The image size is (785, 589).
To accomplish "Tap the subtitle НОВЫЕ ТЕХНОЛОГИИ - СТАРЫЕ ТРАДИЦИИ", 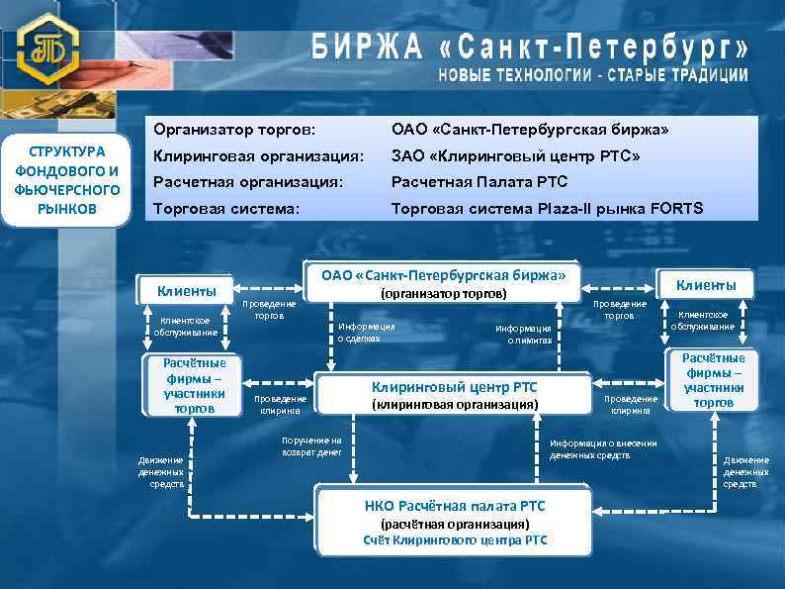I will pyautogui.click(x=593, y=75).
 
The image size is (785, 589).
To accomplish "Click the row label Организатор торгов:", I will pyautogui.click(x=233, y=131).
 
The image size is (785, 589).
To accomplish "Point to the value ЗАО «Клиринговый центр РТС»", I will pyautogui.click(x=515, y=156).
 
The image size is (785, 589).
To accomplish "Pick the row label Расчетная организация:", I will pyautogui.click(x=247, y=182).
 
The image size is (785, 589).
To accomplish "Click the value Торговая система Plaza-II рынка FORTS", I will pyautogui.click(x=547, y=208).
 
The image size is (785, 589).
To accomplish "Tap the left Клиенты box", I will pyautogui.click(x=186, y=290).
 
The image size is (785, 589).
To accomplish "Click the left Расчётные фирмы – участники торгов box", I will pyautogui.click(x=193, y=385).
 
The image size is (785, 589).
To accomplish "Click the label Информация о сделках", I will pyautogui.click(x=366, y=332).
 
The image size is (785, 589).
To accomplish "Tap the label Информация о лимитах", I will pyautogui.click(x=523, y=334).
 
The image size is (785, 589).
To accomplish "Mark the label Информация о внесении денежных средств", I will pyautogui.click(x=602, y=448).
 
